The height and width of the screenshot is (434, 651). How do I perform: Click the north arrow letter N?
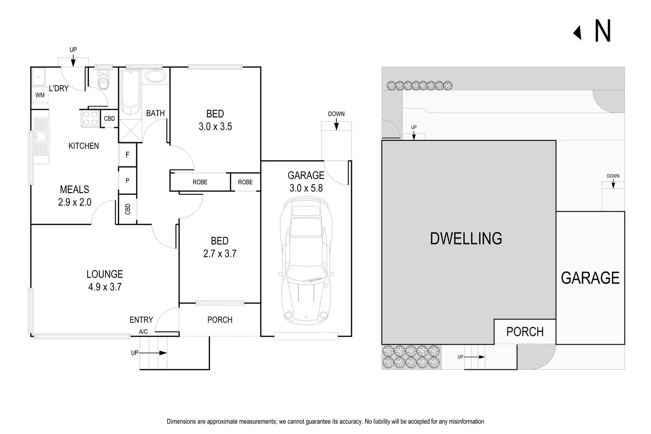(602, 31)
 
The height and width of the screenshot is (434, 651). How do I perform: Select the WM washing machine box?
(40, 95)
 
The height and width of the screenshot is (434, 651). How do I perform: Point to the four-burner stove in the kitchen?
(90, 118)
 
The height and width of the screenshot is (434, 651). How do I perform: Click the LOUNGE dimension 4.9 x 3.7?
(105, 287)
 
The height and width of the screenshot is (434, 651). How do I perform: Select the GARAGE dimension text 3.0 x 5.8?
(306, 188)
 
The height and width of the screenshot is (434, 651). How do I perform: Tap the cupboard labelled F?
(128, 155)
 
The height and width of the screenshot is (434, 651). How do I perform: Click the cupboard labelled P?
(128, 181)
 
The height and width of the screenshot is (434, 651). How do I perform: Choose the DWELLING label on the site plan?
(466, 239)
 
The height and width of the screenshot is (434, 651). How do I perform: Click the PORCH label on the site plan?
(525, 332)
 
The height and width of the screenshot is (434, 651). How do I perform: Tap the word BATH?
(155, 113)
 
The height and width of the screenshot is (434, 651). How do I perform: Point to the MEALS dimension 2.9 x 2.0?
(74, 202)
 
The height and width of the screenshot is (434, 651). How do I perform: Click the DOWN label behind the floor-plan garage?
(336, 114)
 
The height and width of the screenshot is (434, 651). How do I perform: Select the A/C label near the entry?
(143, 332)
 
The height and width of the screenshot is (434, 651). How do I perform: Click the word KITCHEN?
(84, 146)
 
